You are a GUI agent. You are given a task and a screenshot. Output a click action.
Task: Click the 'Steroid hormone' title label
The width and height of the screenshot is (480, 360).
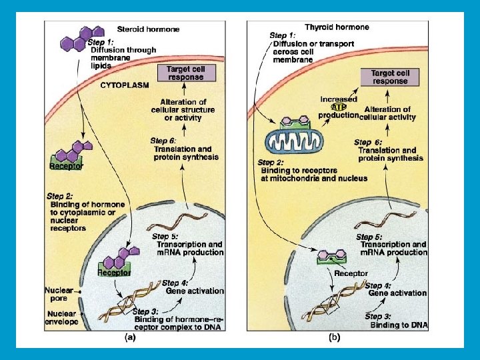(148, 29)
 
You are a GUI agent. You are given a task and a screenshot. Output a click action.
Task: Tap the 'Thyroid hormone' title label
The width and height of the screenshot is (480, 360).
(337, 27)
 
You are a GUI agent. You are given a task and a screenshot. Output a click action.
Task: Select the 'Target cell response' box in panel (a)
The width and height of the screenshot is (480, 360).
(186, 73)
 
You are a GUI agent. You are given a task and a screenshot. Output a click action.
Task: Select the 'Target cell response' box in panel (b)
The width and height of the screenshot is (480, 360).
(389, 77)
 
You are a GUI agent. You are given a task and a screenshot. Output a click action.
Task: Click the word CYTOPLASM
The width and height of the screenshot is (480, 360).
(125, 85)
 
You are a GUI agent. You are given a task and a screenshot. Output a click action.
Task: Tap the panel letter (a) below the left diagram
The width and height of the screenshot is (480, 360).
(131, 337)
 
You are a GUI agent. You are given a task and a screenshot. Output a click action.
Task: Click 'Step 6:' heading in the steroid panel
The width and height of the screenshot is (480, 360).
(163, 141)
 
